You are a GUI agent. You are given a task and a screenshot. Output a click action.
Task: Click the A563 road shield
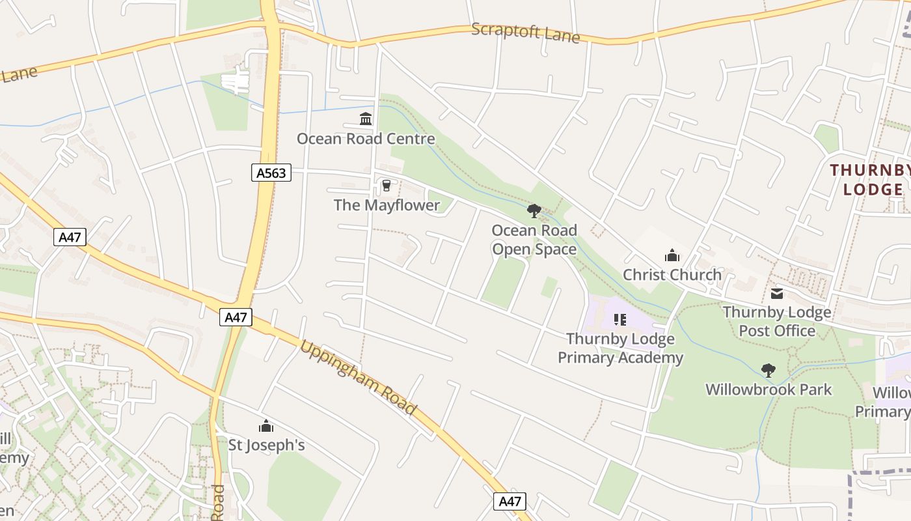click(271, 173)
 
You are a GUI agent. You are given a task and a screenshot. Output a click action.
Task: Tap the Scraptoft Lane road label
click(525, 32)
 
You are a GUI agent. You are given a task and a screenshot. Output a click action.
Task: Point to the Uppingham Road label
click(357, 377)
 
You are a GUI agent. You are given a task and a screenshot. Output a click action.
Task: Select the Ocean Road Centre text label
click(366, 139)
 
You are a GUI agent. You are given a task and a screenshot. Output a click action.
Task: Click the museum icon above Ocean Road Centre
click(366, 119)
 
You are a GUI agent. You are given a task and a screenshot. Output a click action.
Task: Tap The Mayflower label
click(387, 205)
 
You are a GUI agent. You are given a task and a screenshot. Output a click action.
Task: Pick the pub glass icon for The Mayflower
click(387, 186)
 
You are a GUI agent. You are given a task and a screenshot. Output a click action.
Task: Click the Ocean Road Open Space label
click(534, 240)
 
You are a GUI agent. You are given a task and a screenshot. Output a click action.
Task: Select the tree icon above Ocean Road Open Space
click(534, 211)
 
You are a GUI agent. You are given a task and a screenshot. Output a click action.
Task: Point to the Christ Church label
click(672, 275)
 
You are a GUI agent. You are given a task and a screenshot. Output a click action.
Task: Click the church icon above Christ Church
click(672, 255)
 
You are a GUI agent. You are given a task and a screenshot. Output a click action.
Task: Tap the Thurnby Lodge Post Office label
click(777, 321)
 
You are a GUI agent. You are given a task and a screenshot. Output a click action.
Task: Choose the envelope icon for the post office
click(777, 294)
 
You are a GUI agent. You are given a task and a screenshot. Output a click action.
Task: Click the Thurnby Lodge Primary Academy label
click(620, 348)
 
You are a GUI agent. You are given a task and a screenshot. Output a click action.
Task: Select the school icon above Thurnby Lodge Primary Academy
click(620, 320)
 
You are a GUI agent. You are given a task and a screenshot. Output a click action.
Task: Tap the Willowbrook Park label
click(768, 390)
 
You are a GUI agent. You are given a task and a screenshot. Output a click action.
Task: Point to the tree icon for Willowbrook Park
click(768, 371)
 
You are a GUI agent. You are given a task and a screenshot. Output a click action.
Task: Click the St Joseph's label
click(266, 445)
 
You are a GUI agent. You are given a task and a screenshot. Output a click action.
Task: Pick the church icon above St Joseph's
click(266, 427)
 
